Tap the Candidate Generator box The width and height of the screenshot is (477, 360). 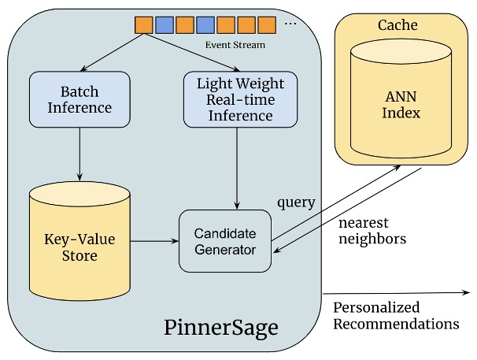point(225,241)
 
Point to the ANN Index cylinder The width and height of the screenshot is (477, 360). point(401,103)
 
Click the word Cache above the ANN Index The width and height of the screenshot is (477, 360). point(401,25)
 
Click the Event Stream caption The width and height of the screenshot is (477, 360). point(235,46)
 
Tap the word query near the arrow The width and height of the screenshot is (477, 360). point(296,202)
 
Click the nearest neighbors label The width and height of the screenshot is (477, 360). point(372,231)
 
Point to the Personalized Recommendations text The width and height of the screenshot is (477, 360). point(396,315)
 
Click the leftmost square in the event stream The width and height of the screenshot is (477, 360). point(143,25)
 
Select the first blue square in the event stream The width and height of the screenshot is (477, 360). point(164,25)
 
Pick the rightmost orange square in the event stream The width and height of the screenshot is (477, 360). point(267,25)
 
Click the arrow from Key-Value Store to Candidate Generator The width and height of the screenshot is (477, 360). point(154,241)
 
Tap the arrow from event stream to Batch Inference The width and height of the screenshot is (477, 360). point(110,53)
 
